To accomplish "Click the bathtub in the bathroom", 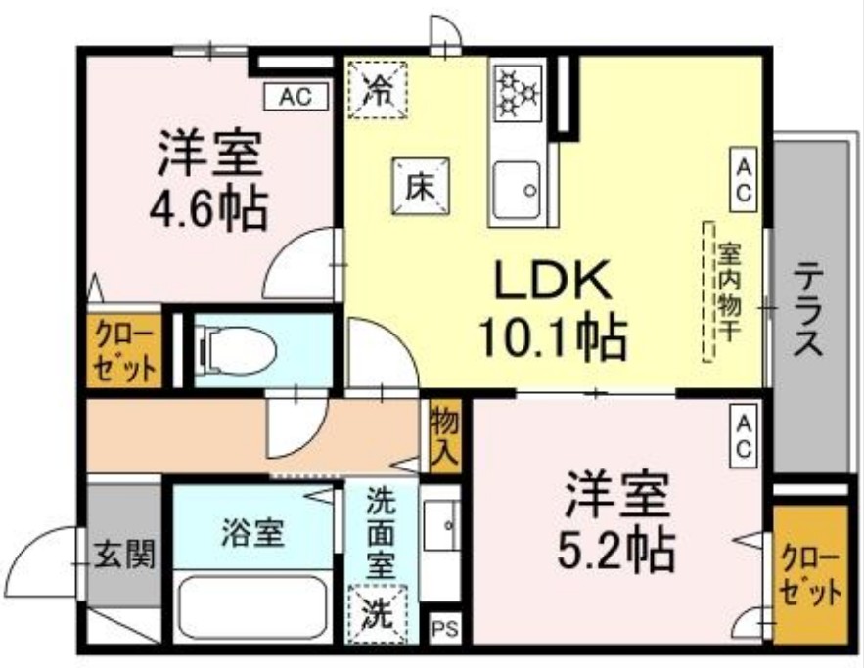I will click(254, 606).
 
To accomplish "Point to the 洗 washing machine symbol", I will click(377, 612).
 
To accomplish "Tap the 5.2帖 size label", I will click(617, 550).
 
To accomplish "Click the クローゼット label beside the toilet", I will click(122, 350).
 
